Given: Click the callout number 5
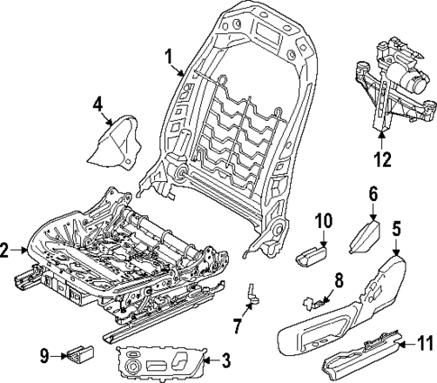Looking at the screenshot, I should pyautogui.click(x=396, y=230).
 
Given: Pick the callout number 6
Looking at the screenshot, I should pyautogui.click(x=371, y=194).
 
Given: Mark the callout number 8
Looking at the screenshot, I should pyautogui.click(x=339, y=279).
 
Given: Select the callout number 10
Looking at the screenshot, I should pyautogui.click(x=324, y=222).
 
